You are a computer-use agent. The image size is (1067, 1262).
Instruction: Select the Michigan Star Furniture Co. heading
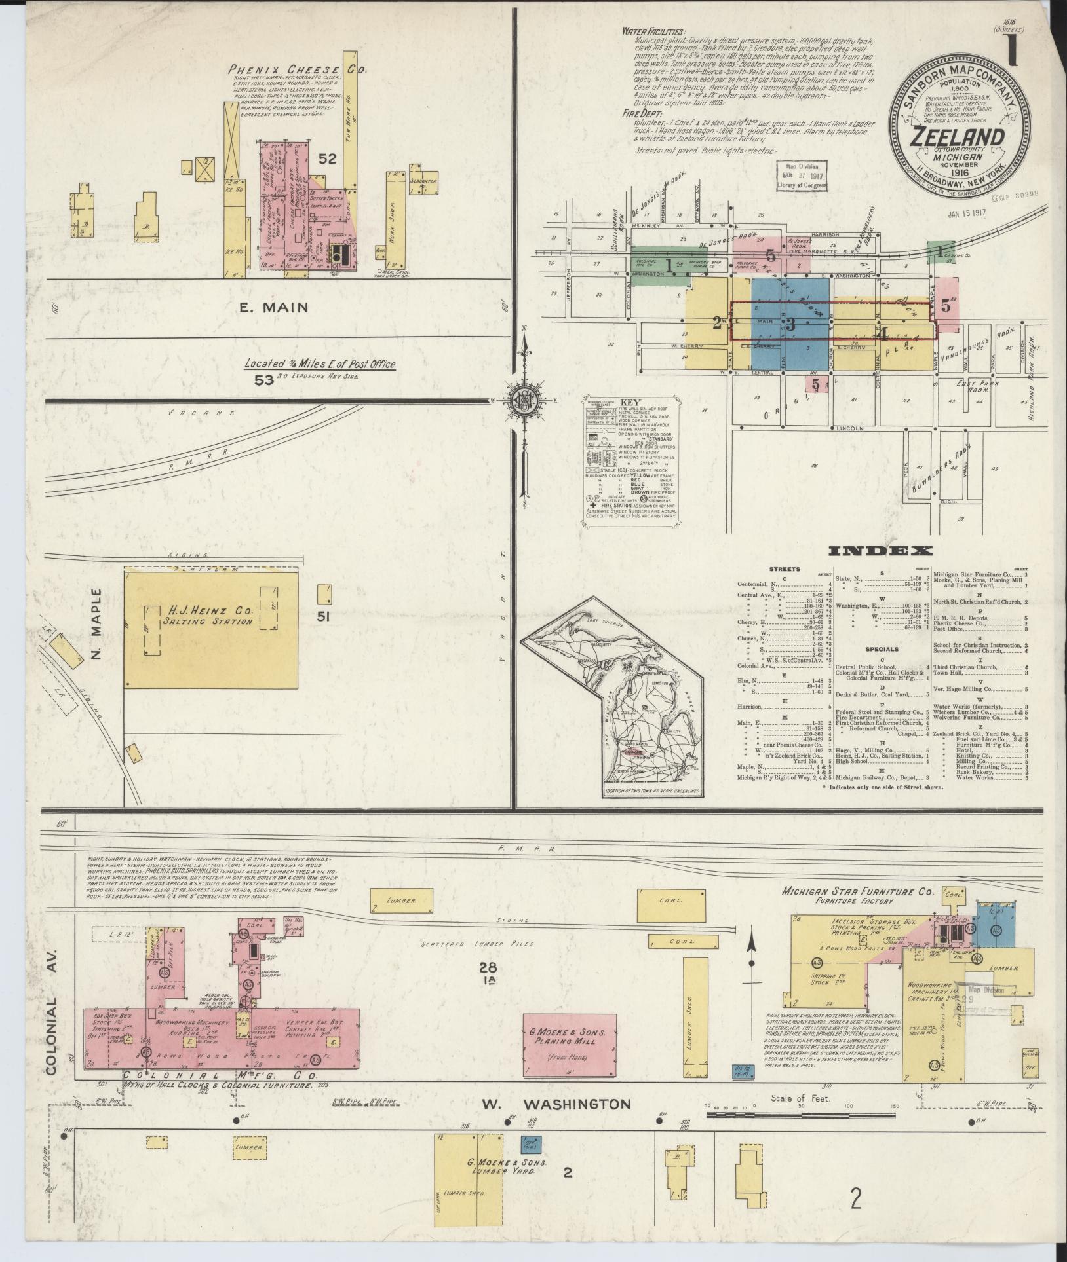[857, 892]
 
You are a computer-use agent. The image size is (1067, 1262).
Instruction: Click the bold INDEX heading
[880, 551]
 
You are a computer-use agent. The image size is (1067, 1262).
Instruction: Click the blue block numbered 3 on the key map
[790, 324]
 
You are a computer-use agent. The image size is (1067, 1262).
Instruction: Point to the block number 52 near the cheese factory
[327, 158]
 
